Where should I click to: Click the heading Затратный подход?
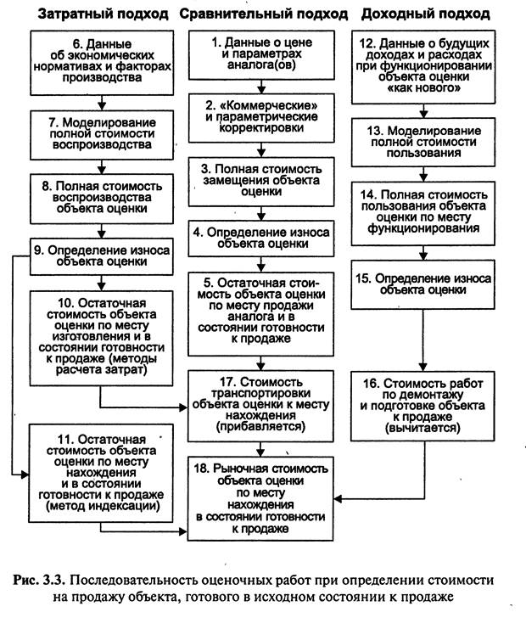(x=103, y=14)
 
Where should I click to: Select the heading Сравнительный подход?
(x=263, y=14)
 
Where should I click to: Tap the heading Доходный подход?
(x=425, y=14)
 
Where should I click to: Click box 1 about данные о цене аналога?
(x=261, y=55)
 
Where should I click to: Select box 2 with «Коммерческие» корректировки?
(x=261, y=118)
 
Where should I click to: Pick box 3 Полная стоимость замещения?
(x=261, y=182)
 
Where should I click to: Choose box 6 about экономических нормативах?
(x=102, y=63)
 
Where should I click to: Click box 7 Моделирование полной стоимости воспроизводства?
(x=102, y=135)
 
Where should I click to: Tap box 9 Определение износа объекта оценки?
(x=102, y=256)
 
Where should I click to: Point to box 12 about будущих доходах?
(x=423, y=67)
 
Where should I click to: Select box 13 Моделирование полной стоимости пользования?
(x=423, y=143)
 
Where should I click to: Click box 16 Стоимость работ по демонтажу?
(x=422, y=407)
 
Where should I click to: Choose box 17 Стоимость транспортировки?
(x=261, y=406)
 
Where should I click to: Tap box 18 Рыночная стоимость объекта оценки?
(x=260, y=498)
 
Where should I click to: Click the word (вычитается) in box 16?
(x=422, y=428)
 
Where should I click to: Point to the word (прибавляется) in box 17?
(x=261, y=426)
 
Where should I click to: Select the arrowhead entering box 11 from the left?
(x=25, y=475)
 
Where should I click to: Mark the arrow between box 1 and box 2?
(x=261, y=87)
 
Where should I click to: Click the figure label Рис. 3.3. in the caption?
(x=42, y=581)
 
